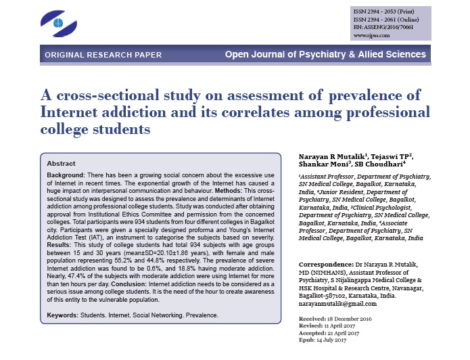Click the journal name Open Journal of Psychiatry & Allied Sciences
pyautogui.click(x=325, y=54)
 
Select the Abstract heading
pyautogui.click(x=62, y=164)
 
